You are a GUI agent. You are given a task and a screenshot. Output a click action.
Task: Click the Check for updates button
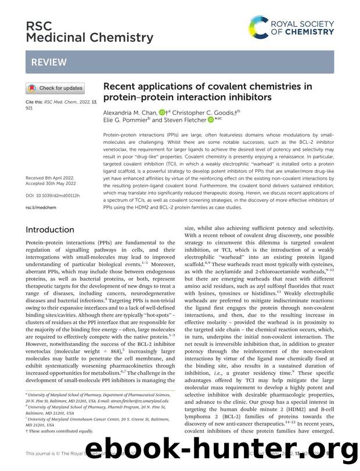(55, 88)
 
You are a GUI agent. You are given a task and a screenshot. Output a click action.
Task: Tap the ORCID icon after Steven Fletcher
(201, 120)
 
